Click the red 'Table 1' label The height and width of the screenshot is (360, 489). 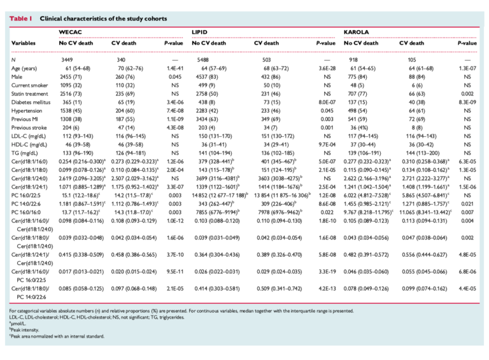coord(20,18)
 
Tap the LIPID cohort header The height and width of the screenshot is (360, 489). coord(199,32)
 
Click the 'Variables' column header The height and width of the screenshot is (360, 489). coord(24,43)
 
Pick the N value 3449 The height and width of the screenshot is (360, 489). coord(67,60)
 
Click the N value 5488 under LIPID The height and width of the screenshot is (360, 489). coord(202,60)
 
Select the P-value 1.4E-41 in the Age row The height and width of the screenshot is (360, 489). coord(175,68)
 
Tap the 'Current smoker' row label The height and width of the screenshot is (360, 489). coord(30,85)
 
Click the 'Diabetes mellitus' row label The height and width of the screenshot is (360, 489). coord(31,103)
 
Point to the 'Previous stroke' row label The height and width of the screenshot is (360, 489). coord(29,127)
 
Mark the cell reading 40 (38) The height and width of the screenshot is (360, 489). coord(416,103)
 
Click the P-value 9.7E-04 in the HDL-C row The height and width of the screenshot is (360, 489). coord(327,145)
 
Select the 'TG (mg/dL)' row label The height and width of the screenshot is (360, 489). coord(25,153)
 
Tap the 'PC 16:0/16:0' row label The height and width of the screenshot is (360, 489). coord(26,212)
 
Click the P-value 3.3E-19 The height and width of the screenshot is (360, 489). coord(327,271)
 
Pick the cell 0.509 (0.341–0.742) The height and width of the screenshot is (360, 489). coord(280,289)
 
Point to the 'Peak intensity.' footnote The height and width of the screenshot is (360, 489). coord(24,330)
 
